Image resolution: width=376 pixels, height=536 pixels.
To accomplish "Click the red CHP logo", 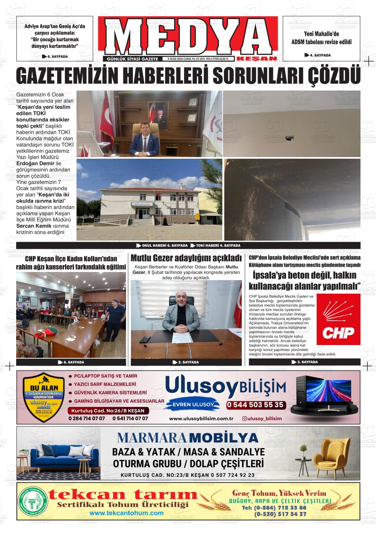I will (x=338, y=319).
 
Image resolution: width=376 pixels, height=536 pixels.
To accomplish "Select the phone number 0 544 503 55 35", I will (x=255, y=405).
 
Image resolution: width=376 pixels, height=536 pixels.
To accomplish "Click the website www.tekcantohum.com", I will (x=126, y=513).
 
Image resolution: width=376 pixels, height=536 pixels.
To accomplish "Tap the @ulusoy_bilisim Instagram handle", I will (x=262, y=418).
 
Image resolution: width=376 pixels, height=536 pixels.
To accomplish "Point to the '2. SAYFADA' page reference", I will (x=186, y=362).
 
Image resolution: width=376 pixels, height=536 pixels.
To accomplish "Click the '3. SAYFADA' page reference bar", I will (x=304, y=362).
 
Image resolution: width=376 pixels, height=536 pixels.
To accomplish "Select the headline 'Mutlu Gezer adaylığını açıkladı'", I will (x=186, y=257).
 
